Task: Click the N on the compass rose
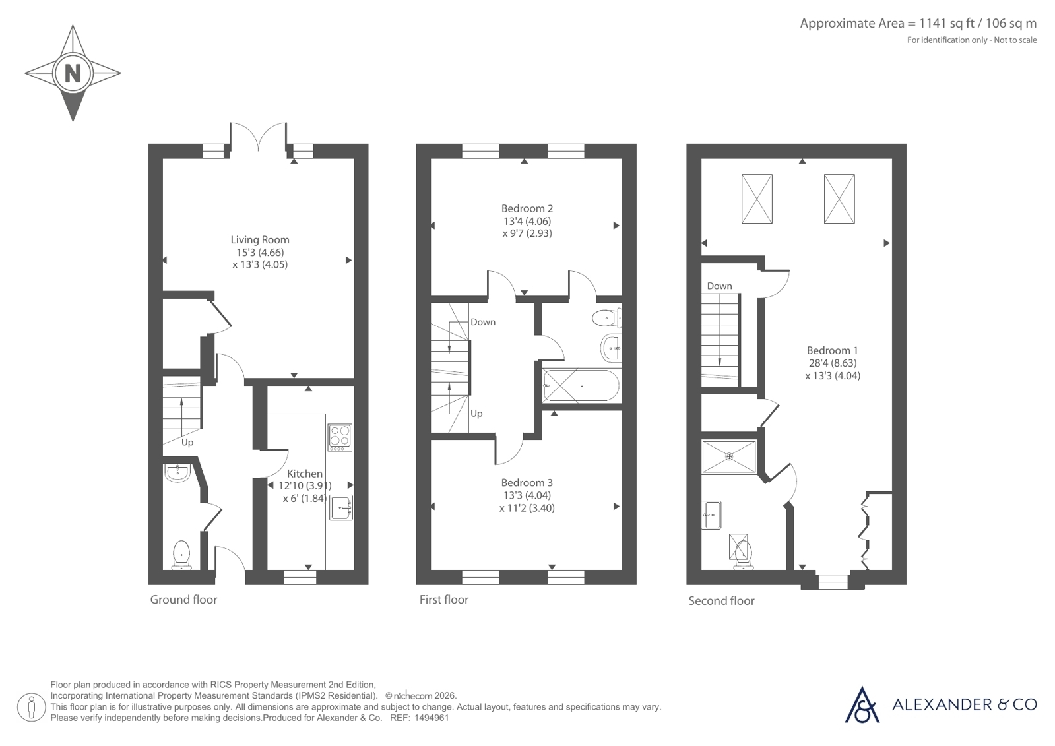pos(73,73)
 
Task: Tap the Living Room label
pos(260,239)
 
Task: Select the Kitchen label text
pos(305,474)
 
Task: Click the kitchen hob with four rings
pos(340,437)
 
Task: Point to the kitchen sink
pos(341,507)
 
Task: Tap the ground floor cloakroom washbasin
pos(177,473)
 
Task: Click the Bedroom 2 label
pos(527,208)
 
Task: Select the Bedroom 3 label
pos(527,482)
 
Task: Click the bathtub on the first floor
pos(581,385)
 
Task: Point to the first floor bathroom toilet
pos(606,318)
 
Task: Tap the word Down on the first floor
pos(483,322)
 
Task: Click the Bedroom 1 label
pos(832,350)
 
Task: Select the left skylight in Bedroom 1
pos(757,199)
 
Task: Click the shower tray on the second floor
pos(729,456)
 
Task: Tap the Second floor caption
pos(722,601)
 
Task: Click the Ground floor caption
pos(183,600)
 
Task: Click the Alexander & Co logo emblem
pos(862,705)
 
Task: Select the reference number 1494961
pos(432,718)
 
